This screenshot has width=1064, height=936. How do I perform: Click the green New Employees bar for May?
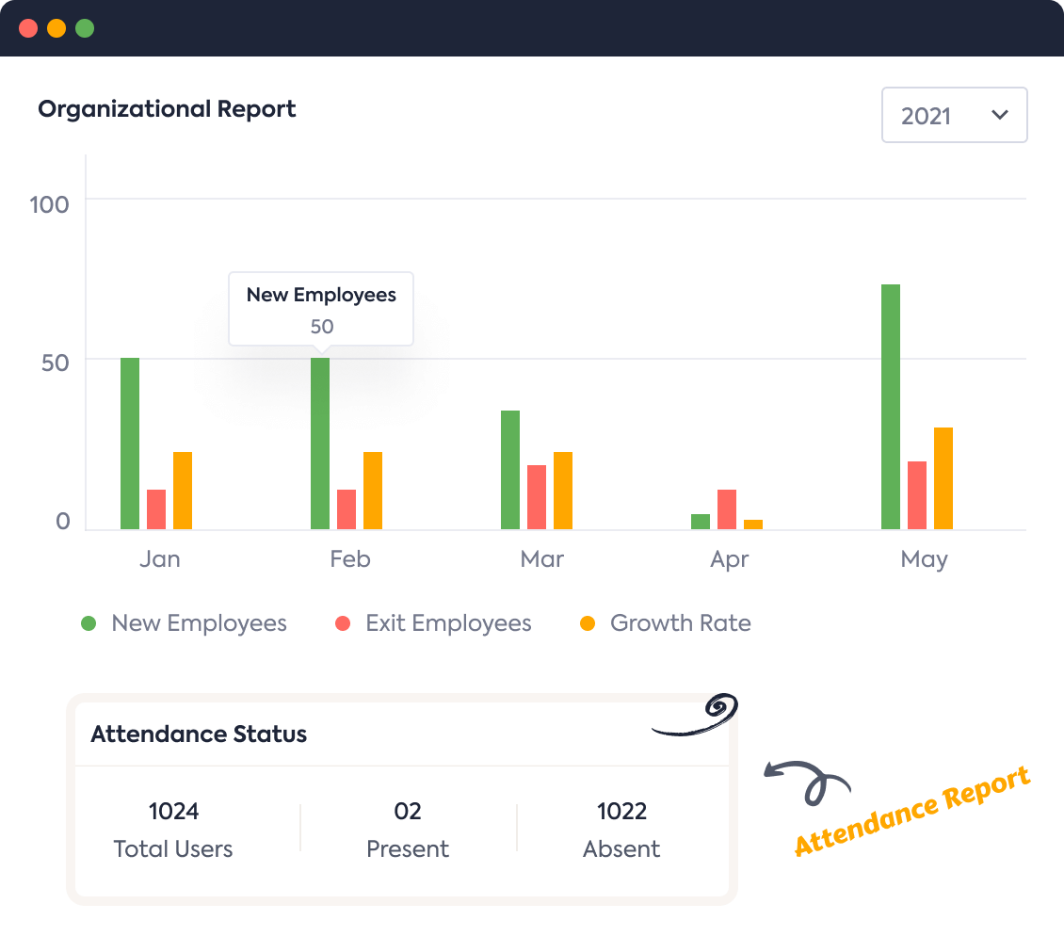pyautogui.click(x=890, y=407)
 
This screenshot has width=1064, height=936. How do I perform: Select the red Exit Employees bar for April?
pyautogui.click(x=727, y=509)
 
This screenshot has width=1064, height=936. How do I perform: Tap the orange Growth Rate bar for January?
pyautogui.click(x=183, y=491)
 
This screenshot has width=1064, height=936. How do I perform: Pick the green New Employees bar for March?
pyautogui.click(x=510, y=470)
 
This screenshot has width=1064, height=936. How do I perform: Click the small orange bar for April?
pyautogui.click(x=753, y=524)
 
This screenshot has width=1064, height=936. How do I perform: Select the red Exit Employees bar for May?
pyautogui.click(x=917, y=495)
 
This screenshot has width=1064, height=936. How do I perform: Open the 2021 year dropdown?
pyautogui.click(x=954, y=116)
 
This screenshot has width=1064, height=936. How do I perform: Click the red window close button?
pyautogui.click(x=28, y=28)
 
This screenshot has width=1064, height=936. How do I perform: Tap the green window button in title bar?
pyautogui.click(x=85, y=28)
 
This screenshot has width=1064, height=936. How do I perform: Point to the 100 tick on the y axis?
pyautogui.click(x=50, y=204)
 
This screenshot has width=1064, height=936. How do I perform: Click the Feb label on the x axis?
pyautogui.click(x=350, y=559)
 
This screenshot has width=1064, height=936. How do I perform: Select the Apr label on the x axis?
pyautogui.click(x=730, y=559)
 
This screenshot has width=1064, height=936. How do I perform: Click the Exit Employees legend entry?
pyautogui.click(x=447, y=623)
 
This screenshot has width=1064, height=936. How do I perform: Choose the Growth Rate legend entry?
pyautogui.click(x=679, y=623)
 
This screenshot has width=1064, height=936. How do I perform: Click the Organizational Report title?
pyautogui.click(x=167, y=109)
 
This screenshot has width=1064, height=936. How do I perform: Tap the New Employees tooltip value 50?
pyautogui.click(x=322, y=327)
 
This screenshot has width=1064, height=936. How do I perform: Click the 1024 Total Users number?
pyautogui.click(x=173, y=811)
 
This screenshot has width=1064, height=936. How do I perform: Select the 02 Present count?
pyautogui.click(x=408, y=811)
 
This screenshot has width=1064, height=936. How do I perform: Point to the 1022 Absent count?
pyautogui.click(x=621, y=811)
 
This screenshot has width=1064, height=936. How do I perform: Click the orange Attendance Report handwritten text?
pyautogui.click(x=911, y=811)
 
